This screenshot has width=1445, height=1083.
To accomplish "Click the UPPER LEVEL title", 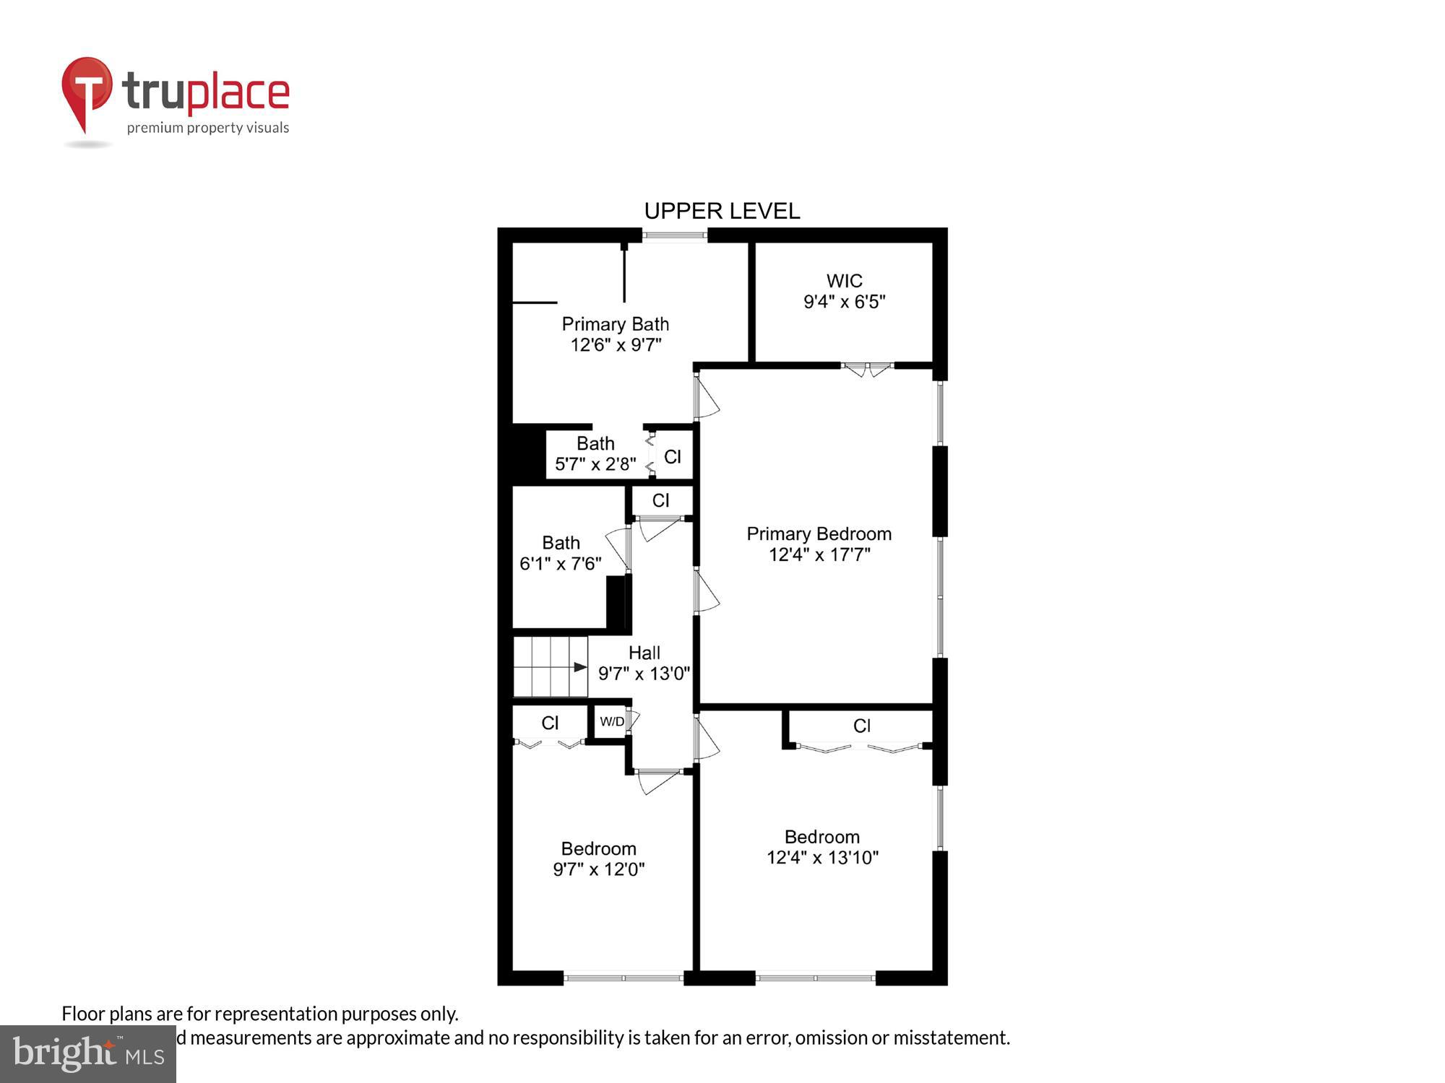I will point(722,211).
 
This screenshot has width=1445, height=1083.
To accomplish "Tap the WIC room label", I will point(844,281).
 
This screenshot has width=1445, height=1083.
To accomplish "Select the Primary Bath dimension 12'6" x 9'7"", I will point(616,345).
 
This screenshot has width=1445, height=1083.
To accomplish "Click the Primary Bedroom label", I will point(819,534).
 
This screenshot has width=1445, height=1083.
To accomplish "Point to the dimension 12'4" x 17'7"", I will point(819,554).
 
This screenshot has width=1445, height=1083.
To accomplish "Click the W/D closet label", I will point(612,721).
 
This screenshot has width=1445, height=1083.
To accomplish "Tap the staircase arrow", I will point(579,667).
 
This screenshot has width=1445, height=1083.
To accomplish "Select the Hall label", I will point(644,653).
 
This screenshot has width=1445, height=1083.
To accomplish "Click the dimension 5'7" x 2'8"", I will point(595,464).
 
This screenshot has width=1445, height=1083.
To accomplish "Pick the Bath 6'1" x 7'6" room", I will point(561,553).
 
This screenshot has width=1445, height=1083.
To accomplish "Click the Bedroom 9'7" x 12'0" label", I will point(598,849).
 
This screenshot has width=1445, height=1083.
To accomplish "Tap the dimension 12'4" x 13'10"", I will point(822,858).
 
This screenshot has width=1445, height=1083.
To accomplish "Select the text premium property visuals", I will point(208,129).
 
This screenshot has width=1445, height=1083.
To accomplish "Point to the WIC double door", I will point(868,369).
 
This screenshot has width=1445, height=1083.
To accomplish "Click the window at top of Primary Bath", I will point(675,235).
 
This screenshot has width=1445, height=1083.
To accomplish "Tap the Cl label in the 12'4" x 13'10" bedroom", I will point(861,726).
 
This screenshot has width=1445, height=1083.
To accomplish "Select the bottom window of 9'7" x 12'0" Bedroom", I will point(623,978).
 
